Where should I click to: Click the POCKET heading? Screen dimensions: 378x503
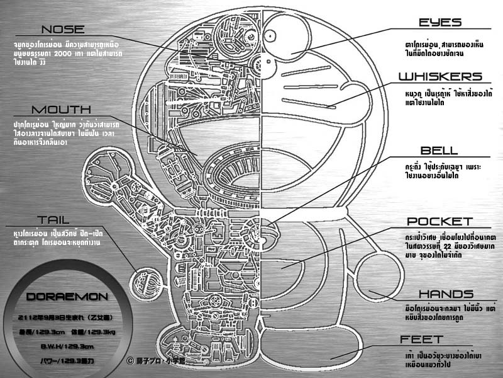click(439, 222)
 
